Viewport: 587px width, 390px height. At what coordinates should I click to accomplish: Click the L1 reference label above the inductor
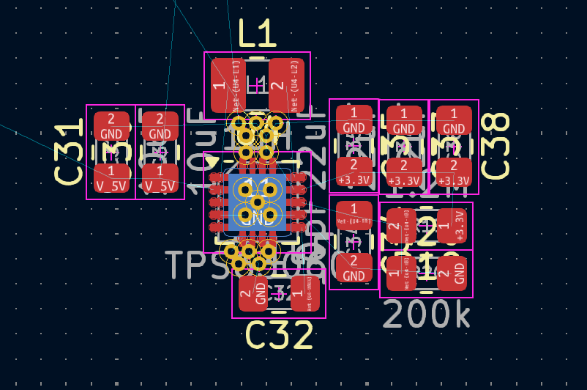[257, 34]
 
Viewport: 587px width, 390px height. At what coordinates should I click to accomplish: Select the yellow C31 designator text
[70, 152]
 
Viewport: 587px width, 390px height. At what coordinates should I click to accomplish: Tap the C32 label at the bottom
[280, 335]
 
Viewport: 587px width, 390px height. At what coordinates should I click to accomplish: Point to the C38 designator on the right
[496, 146]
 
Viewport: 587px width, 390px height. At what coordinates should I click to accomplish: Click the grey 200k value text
[427, 314]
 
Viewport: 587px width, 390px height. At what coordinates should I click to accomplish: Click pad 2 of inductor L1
[286, 85]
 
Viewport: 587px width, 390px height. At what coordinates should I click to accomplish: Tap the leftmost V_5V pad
[111, 178]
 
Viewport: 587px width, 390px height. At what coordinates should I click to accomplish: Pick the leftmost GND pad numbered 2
[111, 125]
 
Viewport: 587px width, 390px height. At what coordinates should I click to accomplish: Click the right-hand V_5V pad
[160, 178]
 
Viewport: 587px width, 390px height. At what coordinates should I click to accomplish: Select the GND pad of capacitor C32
[253, 293]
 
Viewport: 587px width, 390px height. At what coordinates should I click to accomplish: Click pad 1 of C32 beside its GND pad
[305, 293]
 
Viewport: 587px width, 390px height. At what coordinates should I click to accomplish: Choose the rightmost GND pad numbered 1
[454, 120]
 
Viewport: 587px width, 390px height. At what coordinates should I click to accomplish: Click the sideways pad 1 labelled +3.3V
[452, 225]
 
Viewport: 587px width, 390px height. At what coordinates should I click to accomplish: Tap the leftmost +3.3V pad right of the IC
[354, 172]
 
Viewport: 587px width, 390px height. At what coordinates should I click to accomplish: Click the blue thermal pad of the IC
[257, 202]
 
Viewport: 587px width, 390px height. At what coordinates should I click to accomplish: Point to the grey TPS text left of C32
[193, 265]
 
